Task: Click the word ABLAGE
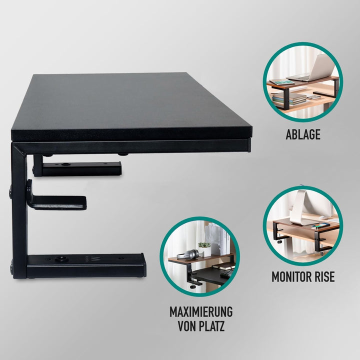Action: [303, 134]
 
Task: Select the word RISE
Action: [324, 276]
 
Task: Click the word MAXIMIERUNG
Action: [201, 312]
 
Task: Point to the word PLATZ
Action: [213, 326]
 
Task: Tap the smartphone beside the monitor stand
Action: [319, 226]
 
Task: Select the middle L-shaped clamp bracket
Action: [55, 200]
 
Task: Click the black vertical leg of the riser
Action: [19, 210]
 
